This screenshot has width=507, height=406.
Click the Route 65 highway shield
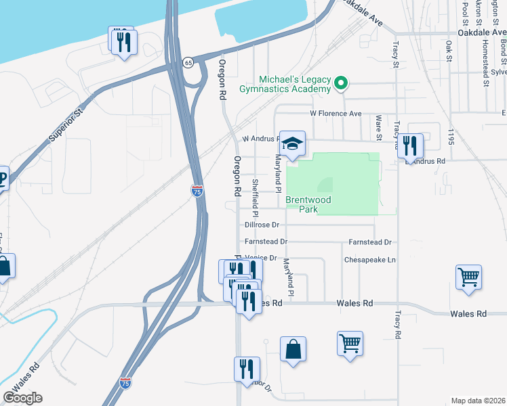coord(188,62)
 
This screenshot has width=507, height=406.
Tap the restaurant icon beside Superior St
coord(124,43)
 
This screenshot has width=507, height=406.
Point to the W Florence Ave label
coord(336,114)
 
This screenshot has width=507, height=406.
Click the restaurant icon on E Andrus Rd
coord(410,145)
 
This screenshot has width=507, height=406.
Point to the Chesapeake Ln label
coord(369,259)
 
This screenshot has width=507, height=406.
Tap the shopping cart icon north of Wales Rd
coord(468,277)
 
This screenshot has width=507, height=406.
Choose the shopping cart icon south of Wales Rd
coord(350,344)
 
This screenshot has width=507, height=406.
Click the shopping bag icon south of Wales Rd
coord(293,350)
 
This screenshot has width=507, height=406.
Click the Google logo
coord(22,398)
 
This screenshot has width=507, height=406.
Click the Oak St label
coord(449,51)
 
